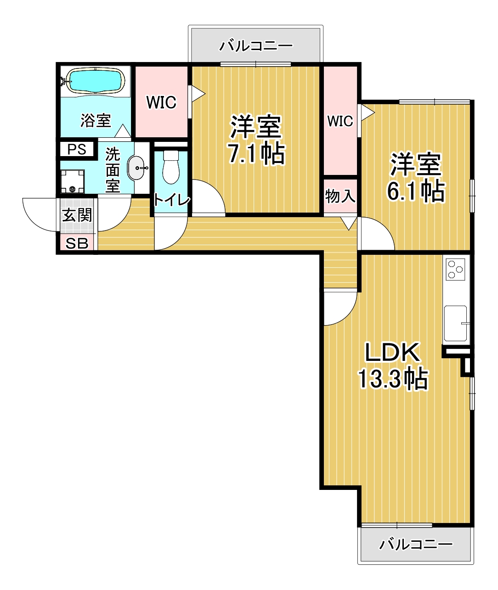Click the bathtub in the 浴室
tap(96, 80)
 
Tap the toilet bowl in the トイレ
tap(171, 167)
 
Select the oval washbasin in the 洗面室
tap(136, 168)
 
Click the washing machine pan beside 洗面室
tap(73, 181)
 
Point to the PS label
tap(77, 149)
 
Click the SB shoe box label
tap(77, 243)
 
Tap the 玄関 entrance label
tap(77, 215)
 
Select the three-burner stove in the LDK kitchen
tap(456, 269)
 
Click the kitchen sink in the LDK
tap(455, 323)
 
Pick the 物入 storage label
tap(340, 196)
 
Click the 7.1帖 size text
tap(256, 154)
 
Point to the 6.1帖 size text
tap(415, 191)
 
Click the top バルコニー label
tap(256, 46)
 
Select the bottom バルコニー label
tap(416, 544)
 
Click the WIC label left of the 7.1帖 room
tap(161, 102)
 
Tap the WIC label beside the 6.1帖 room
tap(340, 121)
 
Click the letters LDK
tap(392, 352)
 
